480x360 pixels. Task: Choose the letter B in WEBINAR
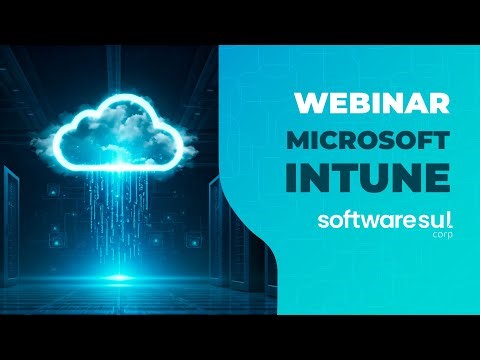pyautogui.click(x=359, y=102)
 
